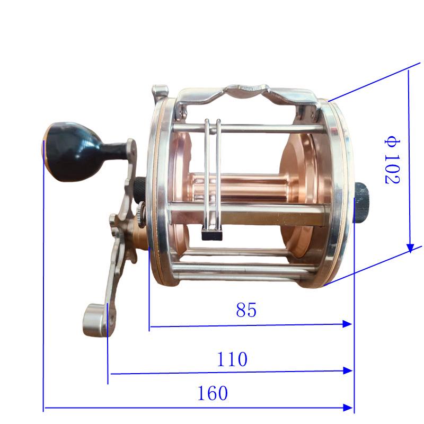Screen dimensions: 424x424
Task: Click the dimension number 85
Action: pos(246,310)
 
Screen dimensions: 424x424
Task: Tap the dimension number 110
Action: pos(232,359)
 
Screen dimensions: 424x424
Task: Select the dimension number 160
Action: pos(213,393)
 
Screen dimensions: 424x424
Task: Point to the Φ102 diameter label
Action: pos(392,162)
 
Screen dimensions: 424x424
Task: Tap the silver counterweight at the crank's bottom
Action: pos(95,321)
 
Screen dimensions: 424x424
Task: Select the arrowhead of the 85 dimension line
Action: pos(347,324)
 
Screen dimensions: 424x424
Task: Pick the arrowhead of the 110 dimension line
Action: pos(348,370)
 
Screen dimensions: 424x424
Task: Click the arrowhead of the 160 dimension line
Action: pos(348,408)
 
